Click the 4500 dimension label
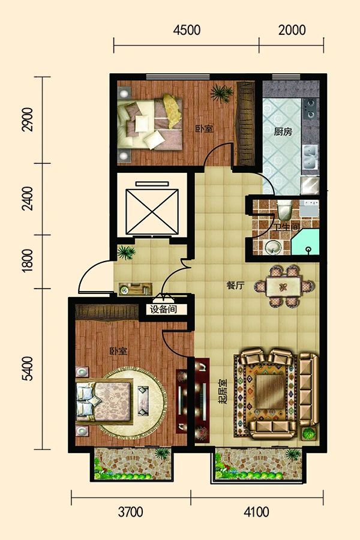pyautogui.click(x=187, y=30)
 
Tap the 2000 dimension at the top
pyautogui.click(x=292, y=30)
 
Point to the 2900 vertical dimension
pyautogui.click(x=27, y=119)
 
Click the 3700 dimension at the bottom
pyautogui.click(x=131, y=512)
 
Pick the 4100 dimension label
pyautogui.click(x=256, y=512)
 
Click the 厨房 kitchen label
pyautogui.click(x=283, y=131)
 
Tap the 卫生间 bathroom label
pyautogui.click(x=287, y=227)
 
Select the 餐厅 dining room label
pyautogui.click(x=235, y=286)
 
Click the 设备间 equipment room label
pyautogui.click(x=163, y=309)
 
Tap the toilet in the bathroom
pyautogui.click(x=285, y=211)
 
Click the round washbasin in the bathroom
pyautogui.click(x=274, y=247)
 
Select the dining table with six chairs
pyautogui.click(x=284, y=286)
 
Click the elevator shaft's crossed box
pyautogui.click(x=152, y=211)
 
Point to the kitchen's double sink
pyautogui.click(x=310, y=157)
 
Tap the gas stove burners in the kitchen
pyautogui.click(x=310, y=108)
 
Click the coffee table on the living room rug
pyautogui.click(x=271, y=392)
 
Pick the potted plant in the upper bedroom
pyautogui.click(x=221, y=93)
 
